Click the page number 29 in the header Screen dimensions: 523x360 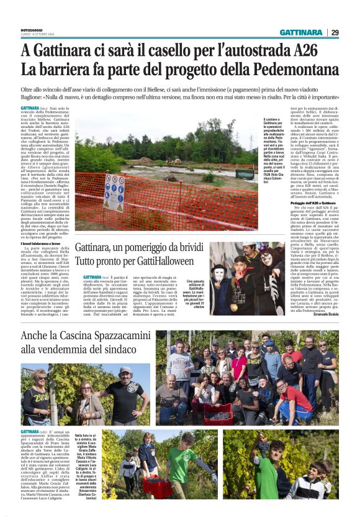pyautogui.click(x=335, y=32)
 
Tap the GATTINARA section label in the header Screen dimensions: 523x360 pyautogui.click(x=300, y=32)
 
